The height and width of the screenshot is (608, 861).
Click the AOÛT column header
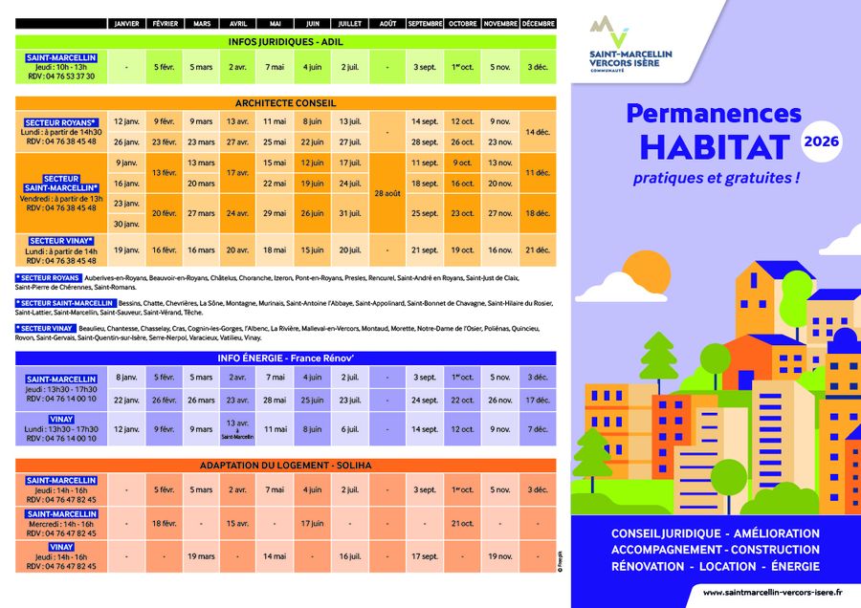click(x=386, y=23)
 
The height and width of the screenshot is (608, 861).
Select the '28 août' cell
click(x=386, y=193)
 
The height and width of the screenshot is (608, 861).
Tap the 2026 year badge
click(x=822, y=142)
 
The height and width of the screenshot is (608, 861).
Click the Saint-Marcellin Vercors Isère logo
click(x=630, y=44)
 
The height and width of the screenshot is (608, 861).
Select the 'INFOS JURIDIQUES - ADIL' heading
click(x=285, y=41)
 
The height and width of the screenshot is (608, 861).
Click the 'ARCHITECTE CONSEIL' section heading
click(x=285, y=102)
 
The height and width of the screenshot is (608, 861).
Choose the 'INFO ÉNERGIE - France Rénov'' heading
click(x=285, y=358)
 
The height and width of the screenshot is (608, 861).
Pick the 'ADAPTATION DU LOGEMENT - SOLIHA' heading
click(x=285, y=466)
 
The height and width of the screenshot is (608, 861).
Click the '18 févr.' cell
click(x=164, y=524)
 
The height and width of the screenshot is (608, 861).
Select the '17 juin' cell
click(x=312, y=524)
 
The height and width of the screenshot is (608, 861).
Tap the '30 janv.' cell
click(x=127, y=224)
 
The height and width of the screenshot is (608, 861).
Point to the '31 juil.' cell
click(x=349, y=213)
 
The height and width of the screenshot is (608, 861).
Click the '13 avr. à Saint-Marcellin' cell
click(x=237, y=429)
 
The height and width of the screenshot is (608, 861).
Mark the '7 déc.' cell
click(x=537, y=429)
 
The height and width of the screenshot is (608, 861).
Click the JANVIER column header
click(x=127, y=23)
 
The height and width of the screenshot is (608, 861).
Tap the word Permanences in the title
click(x=714, y=113)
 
